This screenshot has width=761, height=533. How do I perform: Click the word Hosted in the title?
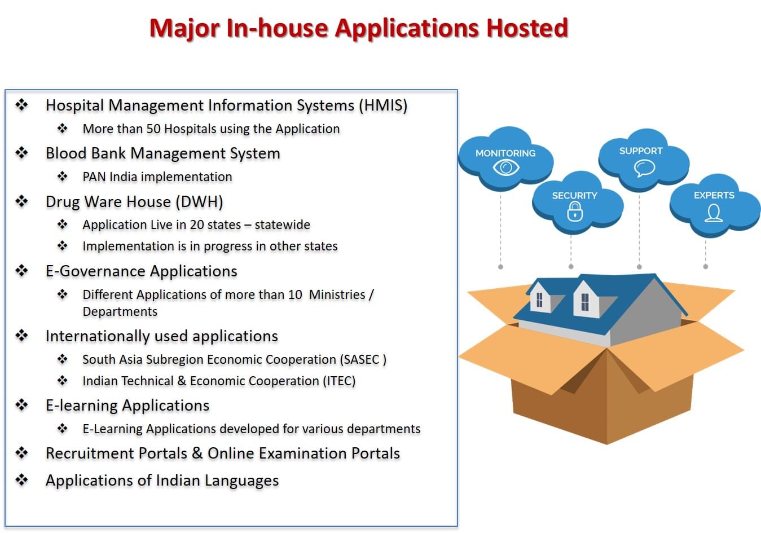click(527, 28)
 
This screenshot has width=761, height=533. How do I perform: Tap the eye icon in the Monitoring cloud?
click(506, 168)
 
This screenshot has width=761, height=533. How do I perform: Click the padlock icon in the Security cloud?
click(575, 212)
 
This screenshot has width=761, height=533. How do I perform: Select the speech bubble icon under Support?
click(644, 169)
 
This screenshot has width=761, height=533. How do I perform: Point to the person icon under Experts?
click(714, 213)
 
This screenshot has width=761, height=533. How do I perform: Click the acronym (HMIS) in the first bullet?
click(383, 105)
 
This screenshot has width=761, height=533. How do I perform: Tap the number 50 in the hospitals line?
click(153, 129)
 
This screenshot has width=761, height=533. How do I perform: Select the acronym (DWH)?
click(199, 202)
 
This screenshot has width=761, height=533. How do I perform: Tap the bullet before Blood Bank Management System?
click(22, 153)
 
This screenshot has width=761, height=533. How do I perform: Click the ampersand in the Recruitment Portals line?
click(197, 453)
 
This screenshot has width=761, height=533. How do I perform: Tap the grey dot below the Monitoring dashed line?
click(500, 267)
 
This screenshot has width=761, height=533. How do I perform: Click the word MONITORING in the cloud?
click(505, 153)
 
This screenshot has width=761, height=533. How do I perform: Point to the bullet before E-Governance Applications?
click(22, 271)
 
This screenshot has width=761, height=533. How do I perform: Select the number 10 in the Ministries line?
click(295, 295)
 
